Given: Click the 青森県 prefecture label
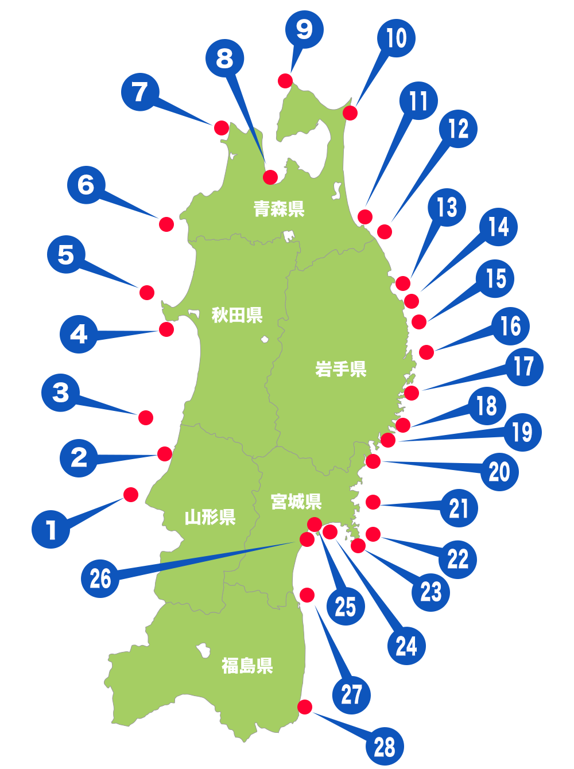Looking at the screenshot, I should click(x=279, y=209).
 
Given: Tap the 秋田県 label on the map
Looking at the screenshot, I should click(x=237, y=315).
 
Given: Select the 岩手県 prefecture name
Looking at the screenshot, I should click(x=340, y=369).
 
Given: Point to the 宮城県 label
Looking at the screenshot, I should click(x=296, y=502).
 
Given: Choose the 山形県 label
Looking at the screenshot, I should click(x=210, y=518).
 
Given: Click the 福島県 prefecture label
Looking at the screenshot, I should click(x=247, y=666).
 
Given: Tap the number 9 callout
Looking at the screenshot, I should click(x=304, y=30).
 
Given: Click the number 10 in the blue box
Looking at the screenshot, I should click(x=396, y=38).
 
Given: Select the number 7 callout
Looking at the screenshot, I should click(x=140, y=92).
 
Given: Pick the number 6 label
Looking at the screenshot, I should click(x=86, y=185).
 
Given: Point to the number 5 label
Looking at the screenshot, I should click(x=66, y=255).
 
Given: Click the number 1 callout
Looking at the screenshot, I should click(x=52, y=530).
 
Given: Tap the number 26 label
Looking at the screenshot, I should click(x=100, y=578).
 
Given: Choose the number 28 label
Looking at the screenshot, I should click(x=385, y=747).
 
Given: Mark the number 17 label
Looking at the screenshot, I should click(x=523, y=367).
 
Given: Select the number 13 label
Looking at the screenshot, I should click(x=447, y=208).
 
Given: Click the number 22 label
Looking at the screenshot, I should click(x=458, y=559).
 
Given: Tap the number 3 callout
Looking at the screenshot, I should click(x=61, y=393).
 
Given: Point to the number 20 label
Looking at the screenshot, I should click(x=499, y=472).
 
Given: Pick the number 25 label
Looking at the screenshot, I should click(x=346, y=607).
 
